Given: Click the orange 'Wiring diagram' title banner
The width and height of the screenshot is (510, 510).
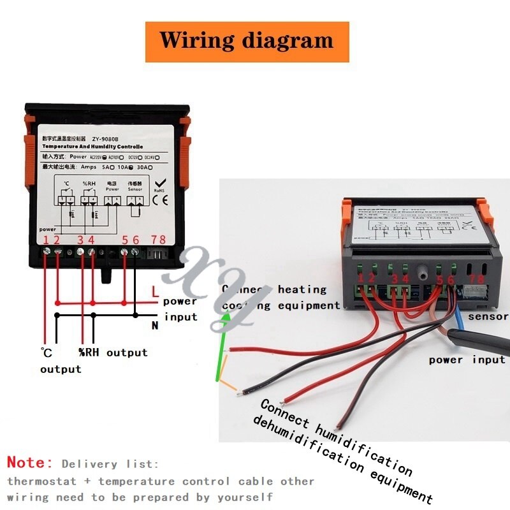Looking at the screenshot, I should click(247, 41).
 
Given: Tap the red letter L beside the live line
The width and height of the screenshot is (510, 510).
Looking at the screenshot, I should click(155, 293).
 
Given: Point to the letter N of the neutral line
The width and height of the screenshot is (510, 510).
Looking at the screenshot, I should click(154, 325).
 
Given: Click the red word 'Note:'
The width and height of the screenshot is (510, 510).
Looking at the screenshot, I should click(30, 463).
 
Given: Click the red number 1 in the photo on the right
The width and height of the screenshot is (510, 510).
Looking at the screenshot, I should click(361, 278).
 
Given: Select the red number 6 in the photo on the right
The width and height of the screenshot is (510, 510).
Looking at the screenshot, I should click(451, 279).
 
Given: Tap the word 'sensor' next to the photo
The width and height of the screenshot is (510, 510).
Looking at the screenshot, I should click(488, 317).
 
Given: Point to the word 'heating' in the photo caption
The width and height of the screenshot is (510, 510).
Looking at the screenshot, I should click(302, 289).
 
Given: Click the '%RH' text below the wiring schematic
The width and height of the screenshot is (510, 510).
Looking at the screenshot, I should click(89, 353).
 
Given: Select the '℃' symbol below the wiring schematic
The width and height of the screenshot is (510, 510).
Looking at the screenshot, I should click(46, 353).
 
